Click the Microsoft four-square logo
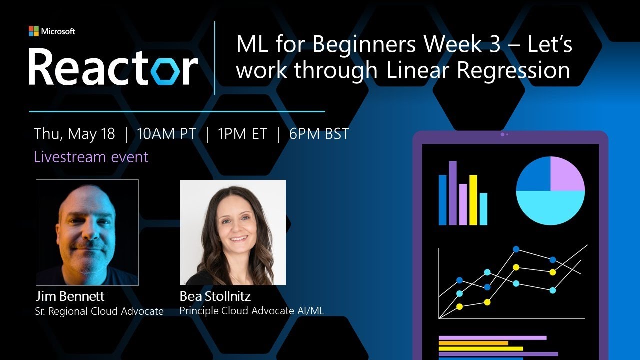click(33, 31)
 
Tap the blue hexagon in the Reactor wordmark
click(167, 70)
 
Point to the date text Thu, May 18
click(74, 134)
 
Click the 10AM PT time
click(166, 134)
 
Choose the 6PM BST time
click(319, 134)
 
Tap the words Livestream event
click(91, 157)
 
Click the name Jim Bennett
click(70, 296)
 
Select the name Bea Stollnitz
click(215, 296)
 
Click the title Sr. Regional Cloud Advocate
click(99, 311)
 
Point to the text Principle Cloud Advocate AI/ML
click(252, 310)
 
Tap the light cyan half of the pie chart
click(550, 207)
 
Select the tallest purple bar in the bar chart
click(453, 193)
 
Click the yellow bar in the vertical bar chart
click(473, 200)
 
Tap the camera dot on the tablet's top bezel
click(502, 134)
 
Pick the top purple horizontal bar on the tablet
click(492, 338)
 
